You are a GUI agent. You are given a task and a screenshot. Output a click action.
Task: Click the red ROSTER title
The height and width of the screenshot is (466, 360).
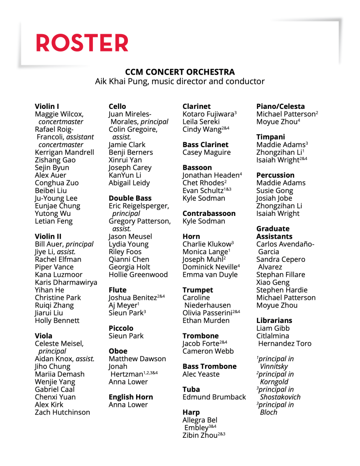click(82, 43)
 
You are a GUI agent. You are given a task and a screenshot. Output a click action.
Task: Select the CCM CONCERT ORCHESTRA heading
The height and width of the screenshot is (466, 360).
click(180, 72)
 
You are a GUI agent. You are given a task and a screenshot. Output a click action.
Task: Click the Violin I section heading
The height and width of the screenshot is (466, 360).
click(47, 107)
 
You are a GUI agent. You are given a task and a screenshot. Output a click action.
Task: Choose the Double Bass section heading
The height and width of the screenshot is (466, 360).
click(130, 198)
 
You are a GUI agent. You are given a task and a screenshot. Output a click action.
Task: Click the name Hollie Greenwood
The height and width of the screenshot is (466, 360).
click(138, 275)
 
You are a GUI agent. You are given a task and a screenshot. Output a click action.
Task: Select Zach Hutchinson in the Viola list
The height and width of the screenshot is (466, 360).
click(62, 412)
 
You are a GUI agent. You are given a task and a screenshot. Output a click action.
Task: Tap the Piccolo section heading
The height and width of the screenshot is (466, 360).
click(121, 328)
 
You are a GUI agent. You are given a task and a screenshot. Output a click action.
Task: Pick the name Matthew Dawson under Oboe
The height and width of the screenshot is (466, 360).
click(137, 359)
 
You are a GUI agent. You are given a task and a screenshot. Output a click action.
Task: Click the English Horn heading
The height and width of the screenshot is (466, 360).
click(131, 397)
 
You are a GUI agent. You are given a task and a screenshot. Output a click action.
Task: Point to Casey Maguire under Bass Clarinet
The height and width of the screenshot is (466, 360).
click(206, 153)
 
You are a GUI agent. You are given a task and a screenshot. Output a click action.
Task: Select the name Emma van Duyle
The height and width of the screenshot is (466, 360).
click(210, 275)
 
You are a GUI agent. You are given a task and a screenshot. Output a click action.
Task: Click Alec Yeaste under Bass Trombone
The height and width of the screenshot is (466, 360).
click(201, 374)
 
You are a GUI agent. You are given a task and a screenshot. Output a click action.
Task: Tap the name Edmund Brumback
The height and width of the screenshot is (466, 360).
click(214, 397)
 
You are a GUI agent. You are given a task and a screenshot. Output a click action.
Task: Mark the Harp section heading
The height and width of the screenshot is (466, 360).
click(191, 412)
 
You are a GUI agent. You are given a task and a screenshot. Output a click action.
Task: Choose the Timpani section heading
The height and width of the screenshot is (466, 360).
click(270, 137)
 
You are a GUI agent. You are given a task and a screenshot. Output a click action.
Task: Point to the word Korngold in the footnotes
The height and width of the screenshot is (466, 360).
click(274, 382)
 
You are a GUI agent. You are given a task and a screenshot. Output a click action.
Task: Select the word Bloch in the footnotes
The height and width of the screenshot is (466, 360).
click(269, 412)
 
